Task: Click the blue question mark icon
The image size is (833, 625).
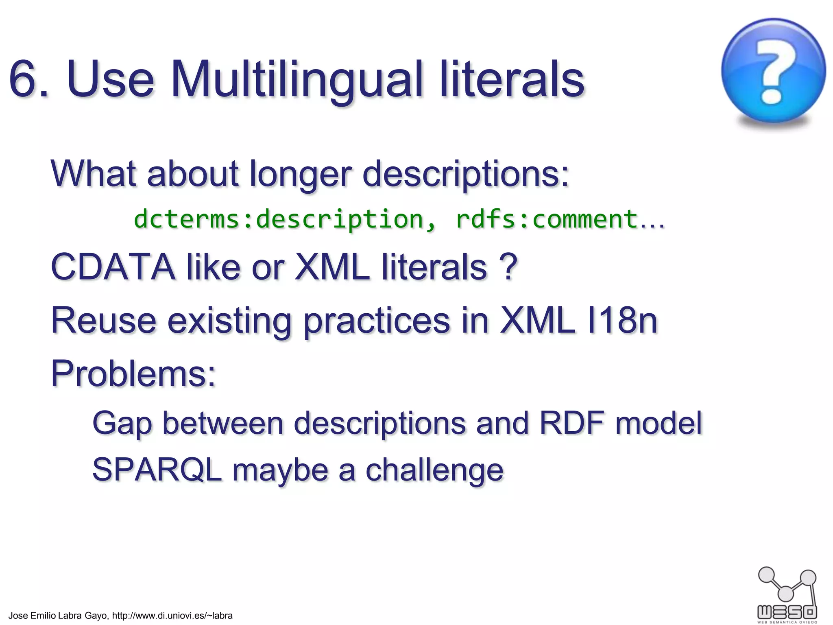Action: coord(773,71)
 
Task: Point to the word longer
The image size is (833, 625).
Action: coord(300,174)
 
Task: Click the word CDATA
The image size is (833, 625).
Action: coord(113,267)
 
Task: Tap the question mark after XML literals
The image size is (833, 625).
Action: coord(508,267)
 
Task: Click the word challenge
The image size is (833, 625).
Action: coord(434,470)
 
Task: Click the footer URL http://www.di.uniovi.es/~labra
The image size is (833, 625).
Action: coord(172,616)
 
